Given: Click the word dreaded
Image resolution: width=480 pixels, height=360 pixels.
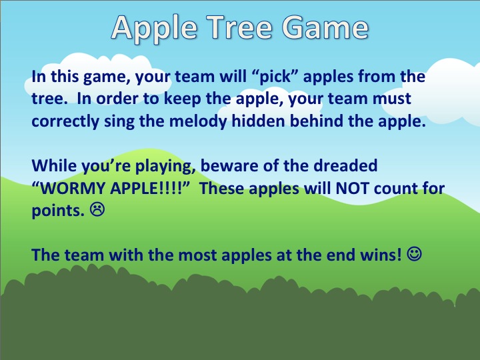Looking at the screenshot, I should click(348, 165).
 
